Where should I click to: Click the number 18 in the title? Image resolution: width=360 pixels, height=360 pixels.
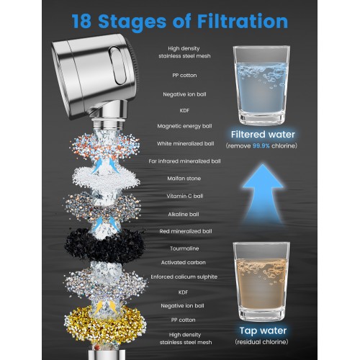point(81,22)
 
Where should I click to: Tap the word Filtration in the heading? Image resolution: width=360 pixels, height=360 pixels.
point(243,21)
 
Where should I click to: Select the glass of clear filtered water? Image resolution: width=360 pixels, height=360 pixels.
point(261,85)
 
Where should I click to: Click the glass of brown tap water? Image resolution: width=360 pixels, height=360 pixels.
point(261,282)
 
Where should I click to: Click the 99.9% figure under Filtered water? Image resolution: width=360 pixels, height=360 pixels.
point(261,145)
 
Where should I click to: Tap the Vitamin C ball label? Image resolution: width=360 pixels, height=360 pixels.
point(185,196)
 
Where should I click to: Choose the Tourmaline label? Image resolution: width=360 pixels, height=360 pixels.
point(184,248)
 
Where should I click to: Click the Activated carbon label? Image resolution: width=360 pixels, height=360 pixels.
point(184,262)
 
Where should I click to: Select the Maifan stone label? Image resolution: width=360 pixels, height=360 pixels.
point(184,179)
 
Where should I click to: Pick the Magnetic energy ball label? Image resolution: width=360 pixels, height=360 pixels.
point(184,126)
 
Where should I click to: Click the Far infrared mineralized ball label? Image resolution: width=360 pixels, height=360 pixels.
point(184,161)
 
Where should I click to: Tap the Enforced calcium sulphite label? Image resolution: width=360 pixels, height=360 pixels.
point(184,276)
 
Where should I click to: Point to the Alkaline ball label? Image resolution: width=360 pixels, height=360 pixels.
point(184,215)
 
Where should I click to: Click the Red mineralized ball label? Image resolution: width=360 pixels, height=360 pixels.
point(186,231)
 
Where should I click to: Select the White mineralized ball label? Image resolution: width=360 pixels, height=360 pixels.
point(186,143)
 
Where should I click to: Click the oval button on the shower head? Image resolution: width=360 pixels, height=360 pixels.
point(117,66)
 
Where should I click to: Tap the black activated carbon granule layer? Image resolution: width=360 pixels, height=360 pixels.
point(104,246)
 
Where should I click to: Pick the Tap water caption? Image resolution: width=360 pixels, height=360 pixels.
point(263,330)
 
